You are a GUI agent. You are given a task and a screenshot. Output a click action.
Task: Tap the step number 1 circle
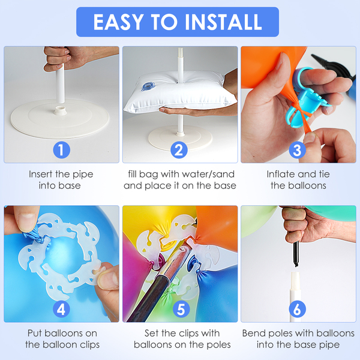62,150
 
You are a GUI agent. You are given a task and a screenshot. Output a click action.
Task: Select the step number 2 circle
179,150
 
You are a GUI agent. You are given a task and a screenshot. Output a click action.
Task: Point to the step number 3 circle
298,150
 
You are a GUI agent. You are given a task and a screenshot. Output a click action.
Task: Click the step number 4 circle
62,309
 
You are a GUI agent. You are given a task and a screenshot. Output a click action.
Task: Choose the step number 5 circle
181,309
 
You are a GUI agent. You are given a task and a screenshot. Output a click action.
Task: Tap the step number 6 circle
298,309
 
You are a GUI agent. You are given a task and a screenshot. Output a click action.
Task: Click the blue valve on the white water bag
148,86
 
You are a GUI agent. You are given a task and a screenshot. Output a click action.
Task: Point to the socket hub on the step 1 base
61,110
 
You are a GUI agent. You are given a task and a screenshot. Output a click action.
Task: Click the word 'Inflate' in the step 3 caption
280,174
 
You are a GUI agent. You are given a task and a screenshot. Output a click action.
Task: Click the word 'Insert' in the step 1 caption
41,174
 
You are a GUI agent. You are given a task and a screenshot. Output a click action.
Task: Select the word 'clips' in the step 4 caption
89,345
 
